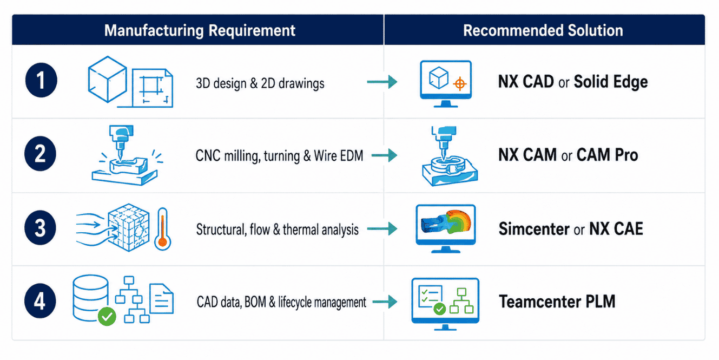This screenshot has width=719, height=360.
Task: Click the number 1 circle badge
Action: [41, 80]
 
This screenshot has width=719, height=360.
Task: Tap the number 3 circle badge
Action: [40, 228]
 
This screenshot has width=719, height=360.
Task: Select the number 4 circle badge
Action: [40, 301]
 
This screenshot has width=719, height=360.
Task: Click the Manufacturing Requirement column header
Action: [200, 30]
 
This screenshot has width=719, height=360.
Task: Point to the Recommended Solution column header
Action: [543, 30]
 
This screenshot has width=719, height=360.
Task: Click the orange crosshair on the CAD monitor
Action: [460, 84]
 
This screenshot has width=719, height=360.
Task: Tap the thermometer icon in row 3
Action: [162, 228]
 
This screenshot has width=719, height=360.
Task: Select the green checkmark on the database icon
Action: [107, 317]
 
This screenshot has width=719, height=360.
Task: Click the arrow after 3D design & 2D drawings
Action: [382, 82]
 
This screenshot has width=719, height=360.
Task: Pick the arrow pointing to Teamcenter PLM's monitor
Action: [385, 302]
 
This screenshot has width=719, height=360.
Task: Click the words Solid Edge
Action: [610, 82]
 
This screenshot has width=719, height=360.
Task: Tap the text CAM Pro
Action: [607, 155]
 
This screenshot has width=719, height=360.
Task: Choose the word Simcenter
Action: [534, 229]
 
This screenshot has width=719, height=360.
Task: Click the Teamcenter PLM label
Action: [557, 302]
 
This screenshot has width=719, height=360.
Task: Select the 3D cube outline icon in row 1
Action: [107, 80]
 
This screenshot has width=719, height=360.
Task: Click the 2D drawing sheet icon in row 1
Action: [153, 88]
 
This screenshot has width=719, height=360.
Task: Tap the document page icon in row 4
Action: [161, 299]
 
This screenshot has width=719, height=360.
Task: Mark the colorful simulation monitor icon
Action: [446, 228]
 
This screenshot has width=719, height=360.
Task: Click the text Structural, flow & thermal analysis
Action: [278, 230]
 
